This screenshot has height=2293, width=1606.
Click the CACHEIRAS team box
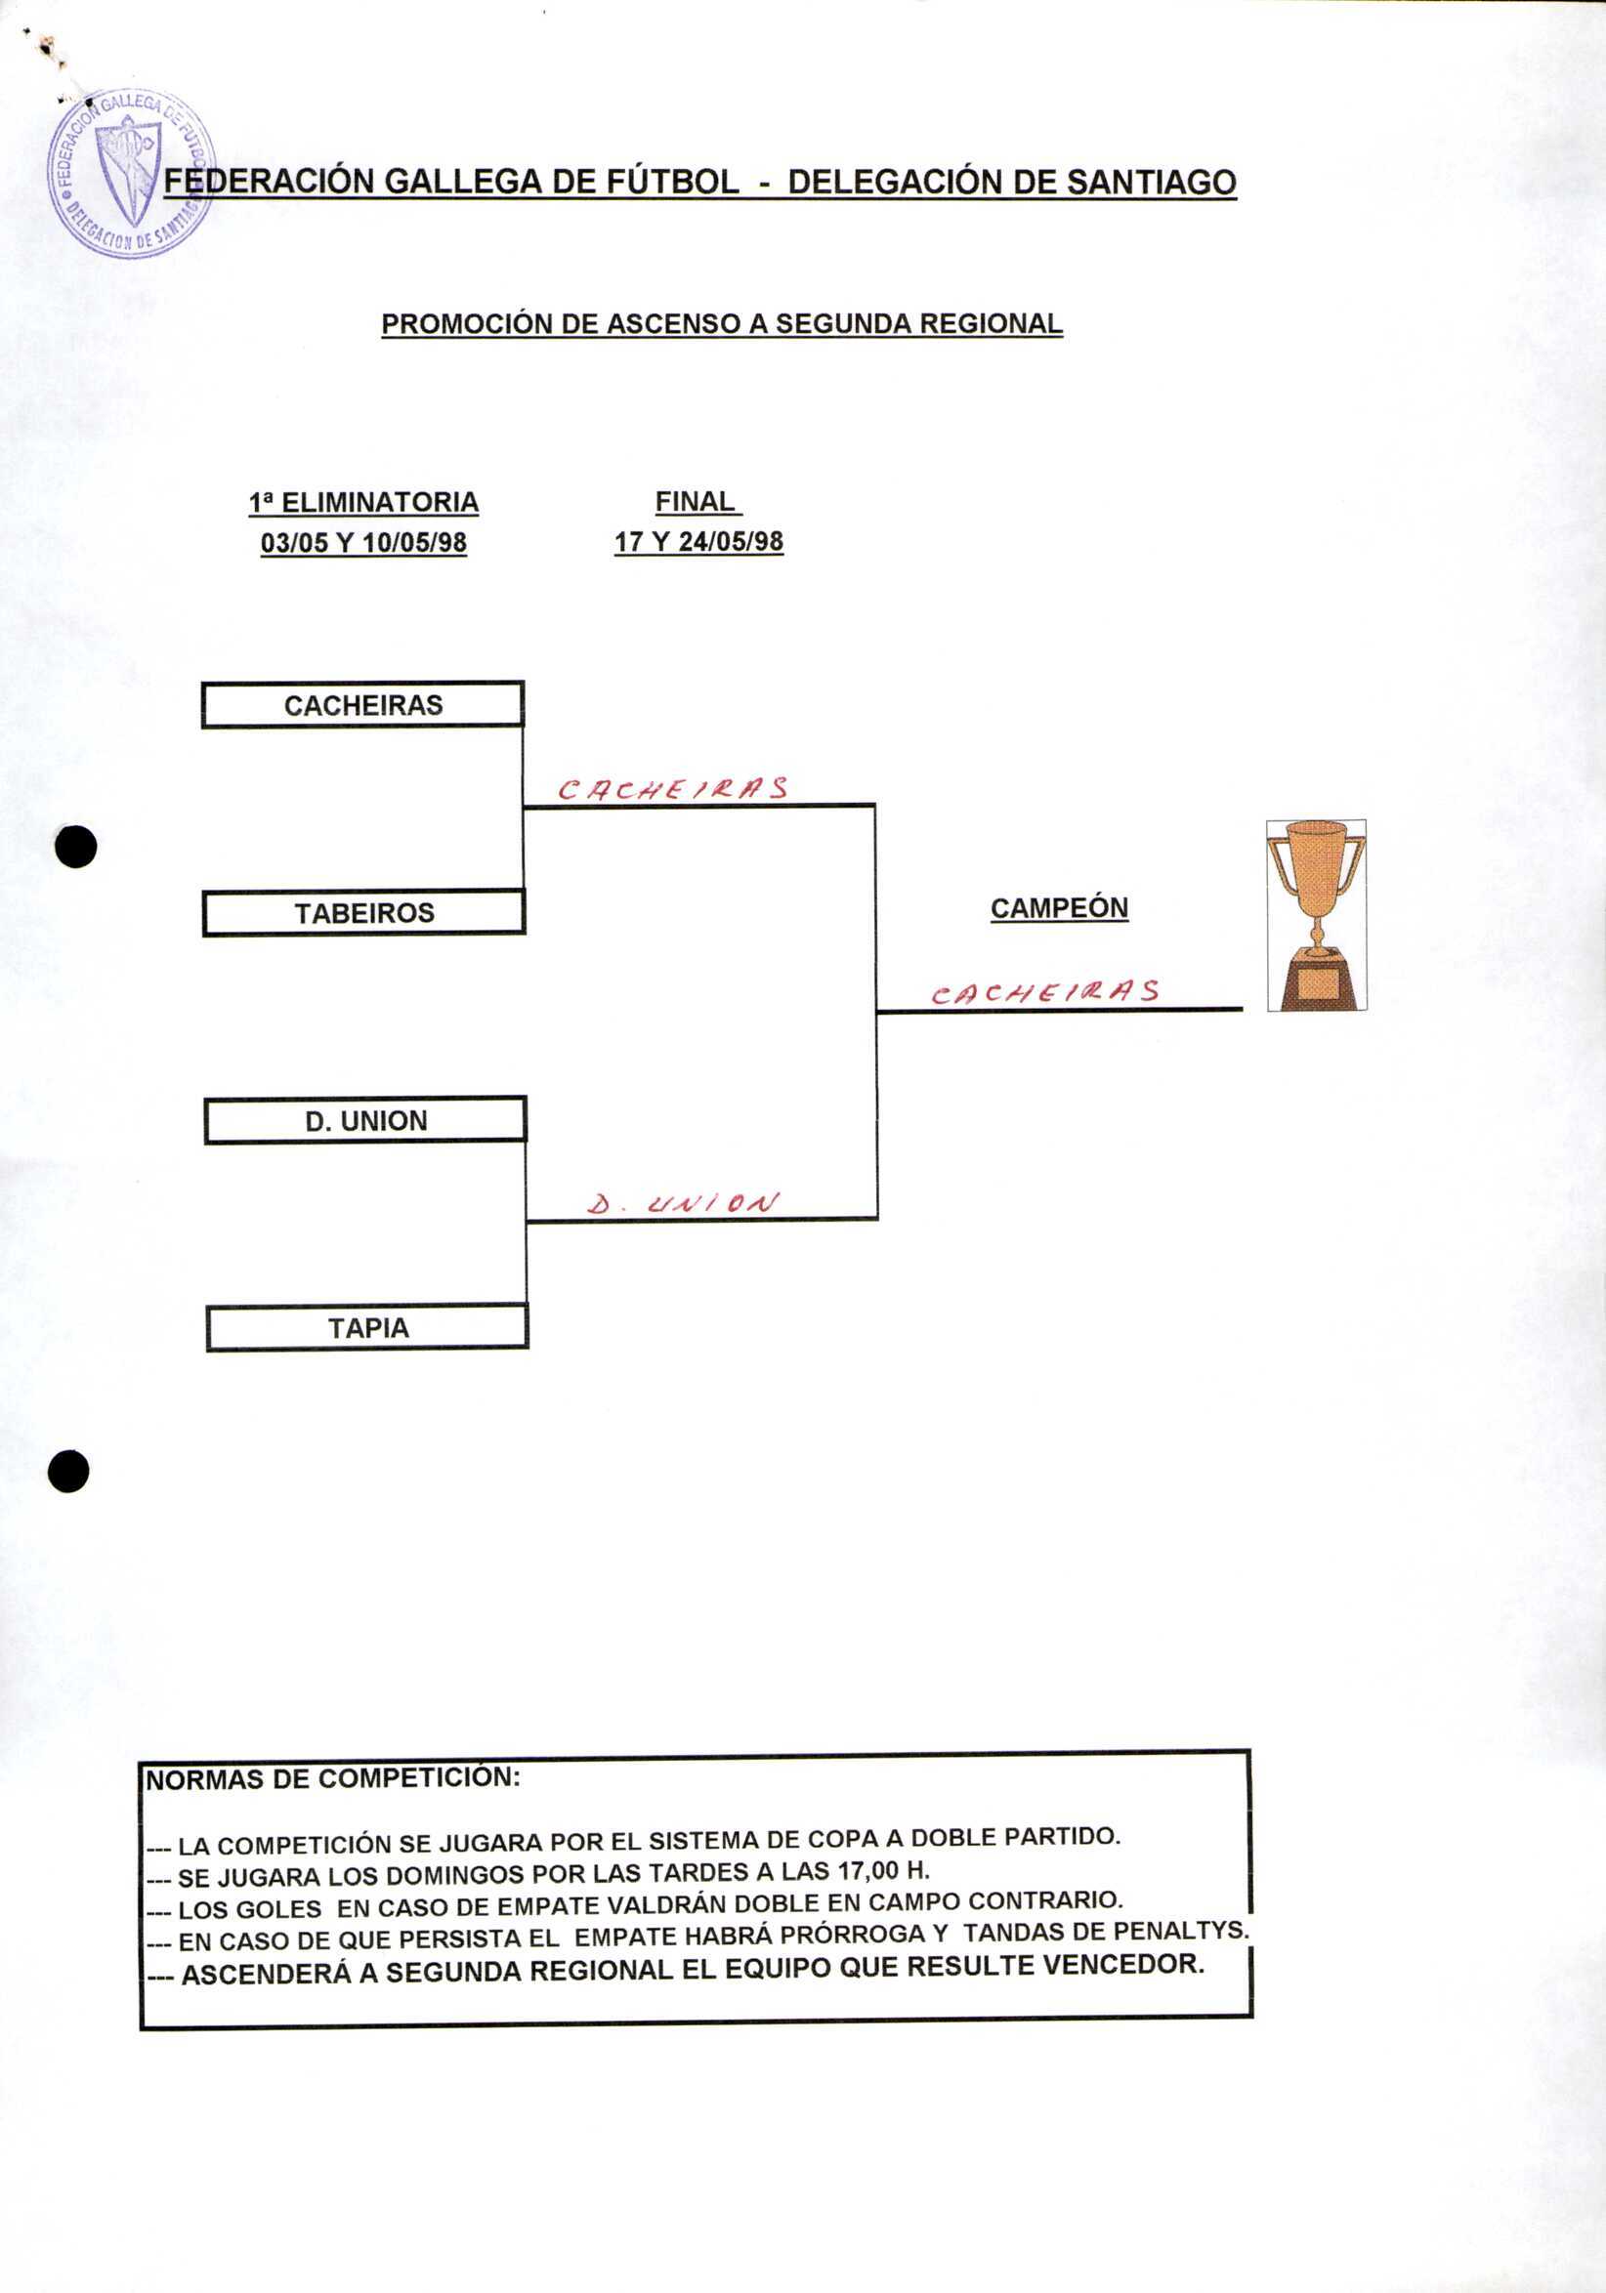362,705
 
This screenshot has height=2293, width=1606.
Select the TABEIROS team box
363,913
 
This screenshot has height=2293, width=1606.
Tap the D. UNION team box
365,1120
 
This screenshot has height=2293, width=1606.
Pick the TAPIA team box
367,1328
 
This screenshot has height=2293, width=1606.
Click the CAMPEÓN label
1059,908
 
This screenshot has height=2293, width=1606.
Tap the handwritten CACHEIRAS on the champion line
1044,991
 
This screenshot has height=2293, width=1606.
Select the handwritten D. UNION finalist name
683,1203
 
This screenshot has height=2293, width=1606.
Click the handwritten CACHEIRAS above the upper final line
672,789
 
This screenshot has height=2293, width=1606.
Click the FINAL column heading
696,501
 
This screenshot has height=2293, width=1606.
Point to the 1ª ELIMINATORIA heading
363,502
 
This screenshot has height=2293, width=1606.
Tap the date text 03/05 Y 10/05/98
363,542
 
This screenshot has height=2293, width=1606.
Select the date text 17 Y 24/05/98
698,541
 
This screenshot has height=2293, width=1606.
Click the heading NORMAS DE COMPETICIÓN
332,1778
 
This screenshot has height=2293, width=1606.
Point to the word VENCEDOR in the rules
1122,1965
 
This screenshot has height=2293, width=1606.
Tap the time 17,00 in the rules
869,1868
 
